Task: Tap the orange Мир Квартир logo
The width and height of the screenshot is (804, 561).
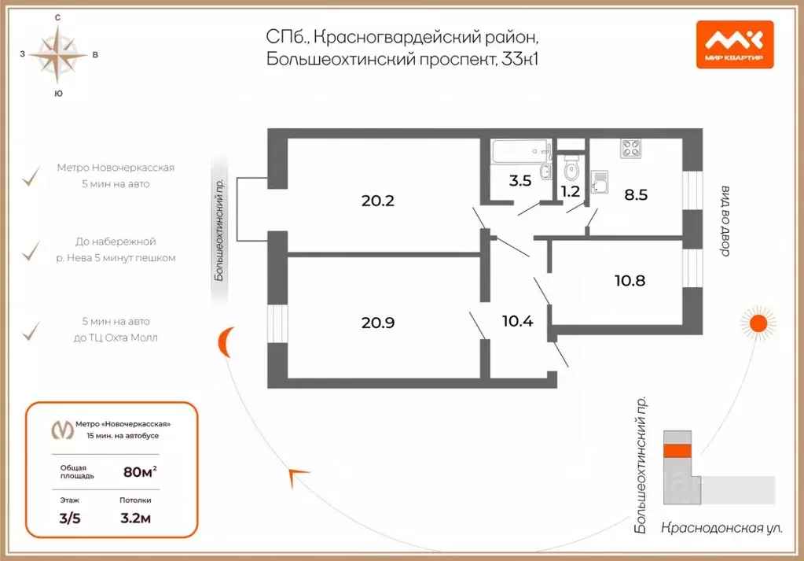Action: pos(734,44)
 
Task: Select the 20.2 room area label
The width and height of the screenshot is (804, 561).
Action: pos(377,201)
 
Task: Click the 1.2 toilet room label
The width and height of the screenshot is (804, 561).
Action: pos(570,190)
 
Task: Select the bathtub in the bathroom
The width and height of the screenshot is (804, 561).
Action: pos(519,149)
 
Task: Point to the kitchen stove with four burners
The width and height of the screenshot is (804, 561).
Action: pos(632,148)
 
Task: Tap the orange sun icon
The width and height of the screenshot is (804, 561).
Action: pos(758,323)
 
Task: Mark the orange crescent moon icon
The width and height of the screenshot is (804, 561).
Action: pos(225,341)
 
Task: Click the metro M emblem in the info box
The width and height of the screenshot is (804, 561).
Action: pos(62,430)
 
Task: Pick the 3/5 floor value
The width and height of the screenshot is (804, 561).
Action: pos(72,519)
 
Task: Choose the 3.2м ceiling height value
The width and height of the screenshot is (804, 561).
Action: pos(134,519)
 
